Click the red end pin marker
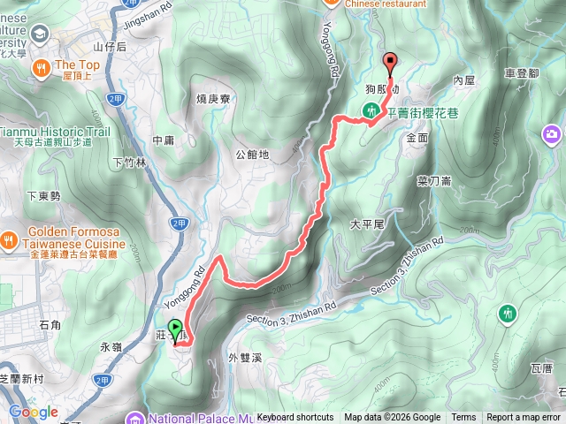point(390,61)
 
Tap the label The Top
point(78,64)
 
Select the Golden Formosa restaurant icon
point(8,238)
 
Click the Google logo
point(34,412)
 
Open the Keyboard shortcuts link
point(295,418)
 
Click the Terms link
point(463,418)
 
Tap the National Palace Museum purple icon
point(135,418)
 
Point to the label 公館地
point(253,155)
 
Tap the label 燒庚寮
point(213,99)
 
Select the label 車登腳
point(522,72)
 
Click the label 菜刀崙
point(434,180)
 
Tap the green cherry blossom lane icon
point(371,110)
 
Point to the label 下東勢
point(42,196)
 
